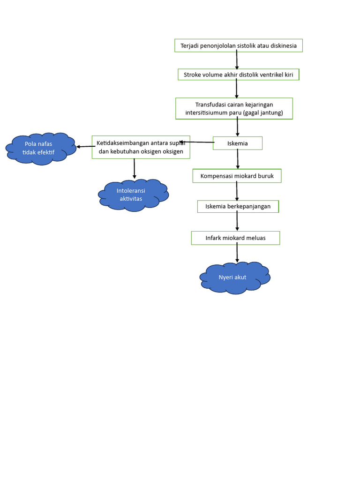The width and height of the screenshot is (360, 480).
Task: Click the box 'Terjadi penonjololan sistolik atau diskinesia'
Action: (x=239, y=45)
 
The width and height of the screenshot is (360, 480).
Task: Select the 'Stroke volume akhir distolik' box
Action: (x=238, y=75)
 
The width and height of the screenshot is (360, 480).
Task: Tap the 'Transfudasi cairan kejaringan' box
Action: (x=234, y=108)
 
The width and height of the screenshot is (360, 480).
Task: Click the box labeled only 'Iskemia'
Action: (x=238, y=143)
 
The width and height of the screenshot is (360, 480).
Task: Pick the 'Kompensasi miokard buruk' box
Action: (x=237, y=176)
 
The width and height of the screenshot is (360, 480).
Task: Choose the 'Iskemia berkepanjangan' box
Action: (x=238, y=206)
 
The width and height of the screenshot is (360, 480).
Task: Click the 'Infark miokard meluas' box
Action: (x=235, y=238)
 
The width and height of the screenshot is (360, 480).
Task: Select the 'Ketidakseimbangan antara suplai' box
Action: (x=141, y=147)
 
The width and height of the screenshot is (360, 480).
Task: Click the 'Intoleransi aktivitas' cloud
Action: (x=133, y=195)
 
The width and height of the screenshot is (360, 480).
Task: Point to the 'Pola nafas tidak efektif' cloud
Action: (x=40, y=148)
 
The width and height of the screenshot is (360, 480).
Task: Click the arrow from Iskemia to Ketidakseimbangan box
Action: (x=197, y=142)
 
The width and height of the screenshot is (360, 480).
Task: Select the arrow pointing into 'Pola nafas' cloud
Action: (x=84, y=146)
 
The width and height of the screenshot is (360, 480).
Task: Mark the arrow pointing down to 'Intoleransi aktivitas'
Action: (x=135, y=168)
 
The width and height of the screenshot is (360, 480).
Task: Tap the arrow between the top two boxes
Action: (x=237, y=60)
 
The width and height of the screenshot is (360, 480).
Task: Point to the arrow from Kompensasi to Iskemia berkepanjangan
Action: (x=237, y=191)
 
